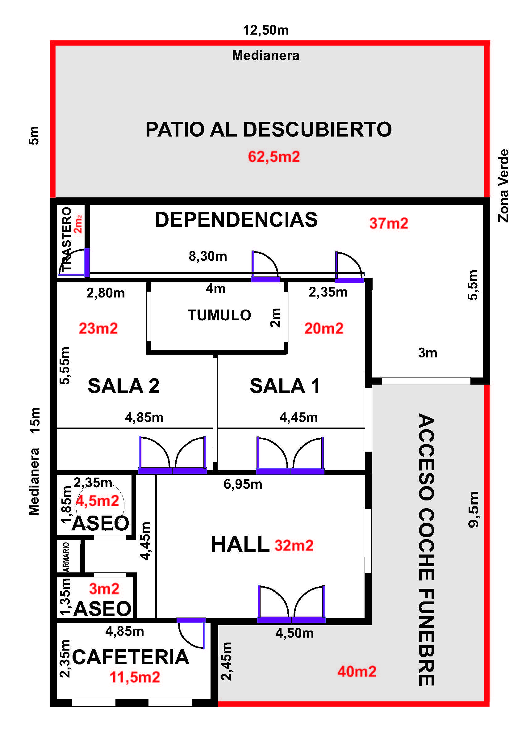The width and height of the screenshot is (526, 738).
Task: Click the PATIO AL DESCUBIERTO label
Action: click(x=269, y=129)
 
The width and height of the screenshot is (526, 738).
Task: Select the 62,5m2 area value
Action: click(x=274, y=157)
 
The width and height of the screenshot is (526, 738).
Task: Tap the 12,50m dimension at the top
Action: click(x=266, y=30)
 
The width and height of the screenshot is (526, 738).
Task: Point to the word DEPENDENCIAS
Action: click(x=236, y=219)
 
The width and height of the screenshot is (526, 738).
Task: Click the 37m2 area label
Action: click(x=389, y=223)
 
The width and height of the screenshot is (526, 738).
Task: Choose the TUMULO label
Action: click(x=219, y=315)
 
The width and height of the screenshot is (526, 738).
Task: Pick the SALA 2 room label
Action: click(x=123, y=386)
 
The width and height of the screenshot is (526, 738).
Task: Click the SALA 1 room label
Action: click(x=285, y=386)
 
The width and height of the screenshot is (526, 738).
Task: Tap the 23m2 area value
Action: click(x=98, y=328)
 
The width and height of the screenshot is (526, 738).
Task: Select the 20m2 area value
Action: click(x=324, y=328)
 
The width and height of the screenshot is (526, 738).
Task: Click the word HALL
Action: click(x=240, y=544)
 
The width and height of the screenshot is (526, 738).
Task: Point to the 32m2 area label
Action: click(x=294, y=546)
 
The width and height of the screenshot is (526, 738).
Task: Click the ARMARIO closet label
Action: click(x=66, y=557)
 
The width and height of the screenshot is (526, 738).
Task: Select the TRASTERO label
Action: click(x=66, y=239)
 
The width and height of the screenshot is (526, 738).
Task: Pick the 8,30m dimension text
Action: click(x=208, y=256)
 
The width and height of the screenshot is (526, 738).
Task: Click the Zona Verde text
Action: click(x=503, y=186)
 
